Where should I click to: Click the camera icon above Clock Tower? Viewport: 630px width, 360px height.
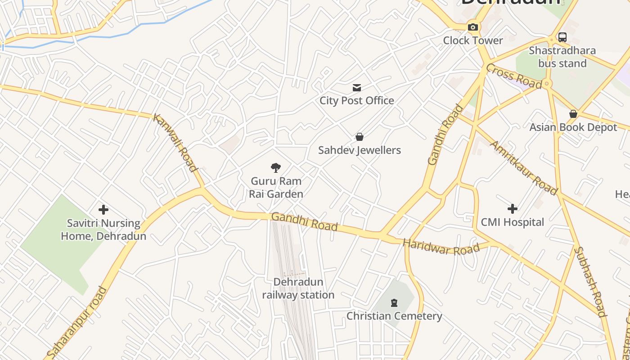(472, 27)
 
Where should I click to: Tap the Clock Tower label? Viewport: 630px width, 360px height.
(473, 40)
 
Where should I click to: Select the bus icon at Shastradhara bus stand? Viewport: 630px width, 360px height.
(562, 37)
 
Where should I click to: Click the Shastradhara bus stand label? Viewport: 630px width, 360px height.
(562, 57)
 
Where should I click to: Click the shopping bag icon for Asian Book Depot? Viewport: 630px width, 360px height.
(573, 114)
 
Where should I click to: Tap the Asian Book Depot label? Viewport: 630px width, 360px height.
(573, 127)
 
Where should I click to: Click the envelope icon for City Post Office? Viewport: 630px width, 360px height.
(357, 87)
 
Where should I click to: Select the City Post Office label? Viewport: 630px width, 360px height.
(357, 100)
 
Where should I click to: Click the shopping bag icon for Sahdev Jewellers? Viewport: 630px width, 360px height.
(360, 136)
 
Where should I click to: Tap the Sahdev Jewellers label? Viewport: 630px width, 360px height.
(360, 150)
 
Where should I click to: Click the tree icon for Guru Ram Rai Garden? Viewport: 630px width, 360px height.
(276, 168)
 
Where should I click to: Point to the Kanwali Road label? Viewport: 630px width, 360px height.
(175, 143)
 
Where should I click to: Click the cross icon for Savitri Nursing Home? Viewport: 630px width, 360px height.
(103, 209)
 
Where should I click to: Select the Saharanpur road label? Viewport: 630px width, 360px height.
(77, 323)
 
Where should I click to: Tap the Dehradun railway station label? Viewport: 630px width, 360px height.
(298, 288)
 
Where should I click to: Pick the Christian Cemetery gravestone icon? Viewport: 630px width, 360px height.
(394, 302)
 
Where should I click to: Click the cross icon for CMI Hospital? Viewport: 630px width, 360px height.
(512, 208)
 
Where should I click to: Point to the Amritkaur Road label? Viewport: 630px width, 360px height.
(523, 168)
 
